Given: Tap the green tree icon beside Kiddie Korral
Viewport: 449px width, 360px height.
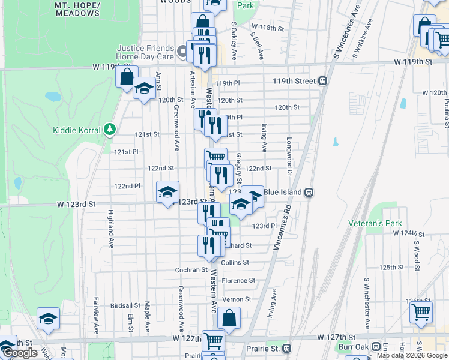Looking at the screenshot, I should [x=109, y=129].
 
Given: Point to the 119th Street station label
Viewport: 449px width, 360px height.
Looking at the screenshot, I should [x=294, y=80].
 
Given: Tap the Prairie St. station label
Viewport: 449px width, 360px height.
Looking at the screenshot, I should [x=264, y=348].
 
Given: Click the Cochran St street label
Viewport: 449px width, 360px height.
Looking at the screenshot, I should [x=191, y=270].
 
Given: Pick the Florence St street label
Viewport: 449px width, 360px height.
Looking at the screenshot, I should [x=238, y=281].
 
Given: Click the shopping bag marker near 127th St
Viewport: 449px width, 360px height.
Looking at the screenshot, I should [x=229, y=319].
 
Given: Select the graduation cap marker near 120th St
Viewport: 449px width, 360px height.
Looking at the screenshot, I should [x=144, y=89].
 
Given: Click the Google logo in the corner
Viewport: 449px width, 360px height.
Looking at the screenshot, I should [x=19, y=353].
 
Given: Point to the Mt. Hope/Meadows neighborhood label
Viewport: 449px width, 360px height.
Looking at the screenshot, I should [x=77, y=8].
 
